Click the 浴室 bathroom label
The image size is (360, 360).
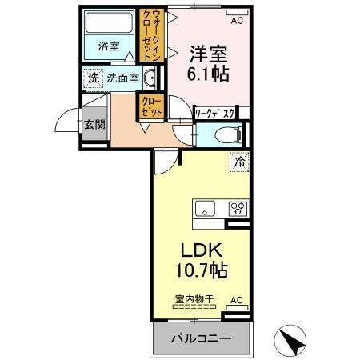[x=109, y=46]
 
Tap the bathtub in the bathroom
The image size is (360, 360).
[x=110, y=23]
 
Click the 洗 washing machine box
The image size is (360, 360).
[x=93, y=79]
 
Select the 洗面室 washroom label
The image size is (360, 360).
[x=123, y=79]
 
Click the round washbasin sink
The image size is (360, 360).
[x=151, y=78]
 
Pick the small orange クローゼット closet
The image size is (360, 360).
[x=151, y=107]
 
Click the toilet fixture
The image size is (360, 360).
[x=227, y=134]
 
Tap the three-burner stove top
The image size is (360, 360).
[x=238, y=210]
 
